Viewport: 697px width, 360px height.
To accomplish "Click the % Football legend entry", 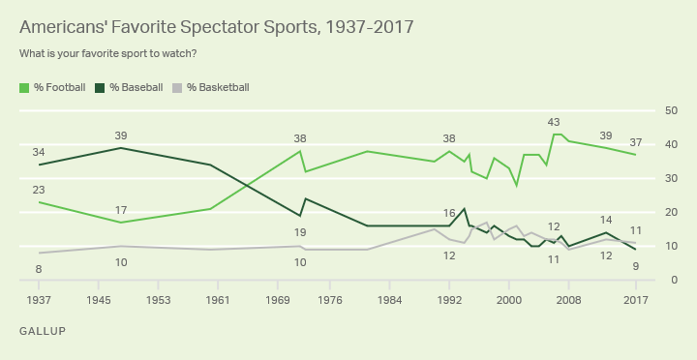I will point(52,87).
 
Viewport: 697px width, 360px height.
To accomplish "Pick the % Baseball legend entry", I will point(128,87).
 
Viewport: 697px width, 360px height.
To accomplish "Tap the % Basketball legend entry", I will point(210,87).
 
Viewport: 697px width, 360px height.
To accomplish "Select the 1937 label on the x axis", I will point(40,299).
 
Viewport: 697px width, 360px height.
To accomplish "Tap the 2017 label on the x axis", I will point(635,299).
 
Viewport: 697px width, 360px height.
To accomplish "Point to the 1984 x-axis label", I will point(390,299).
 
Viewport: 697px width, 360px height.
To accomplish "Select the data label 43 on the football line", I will point(554,122).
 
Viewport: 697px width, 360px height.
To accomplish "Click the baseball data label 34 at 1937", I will point(40,152).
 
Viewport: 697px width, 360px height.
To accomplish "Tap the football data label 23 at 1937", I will point(40,190).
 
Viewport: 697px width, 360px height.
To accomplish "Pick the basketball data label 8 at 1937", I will point(40,268).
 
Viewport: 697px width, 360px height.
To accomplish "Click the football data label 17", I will point(121,210).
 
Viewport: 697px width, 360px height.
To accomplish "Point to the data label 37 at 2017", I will point(635,142).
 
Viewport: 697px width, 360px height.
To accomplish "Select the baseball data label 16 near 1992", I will point(449,213).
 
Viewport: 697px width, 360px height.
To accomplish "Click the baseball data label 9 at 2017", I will point(635,266).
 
